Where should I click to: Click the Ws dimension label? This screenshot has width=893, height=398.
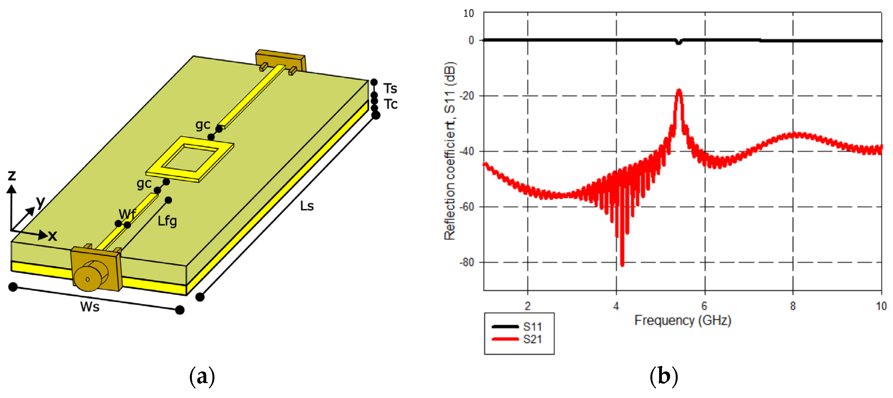90,307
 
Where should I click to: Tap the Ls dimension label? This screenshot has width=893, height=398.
307,206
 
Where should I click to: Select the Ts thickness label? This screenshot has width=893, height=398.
390,88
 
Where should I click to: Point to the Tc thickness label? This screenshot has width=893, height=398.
391,104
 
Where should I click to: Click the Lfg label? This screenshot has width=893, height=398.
167,221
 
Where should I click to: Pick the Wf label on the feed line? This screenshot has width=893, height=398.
127,214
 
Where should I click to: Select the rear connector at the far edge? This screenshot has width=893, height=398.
280,61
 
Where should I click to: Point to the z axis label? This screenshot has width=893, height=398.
12,175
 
